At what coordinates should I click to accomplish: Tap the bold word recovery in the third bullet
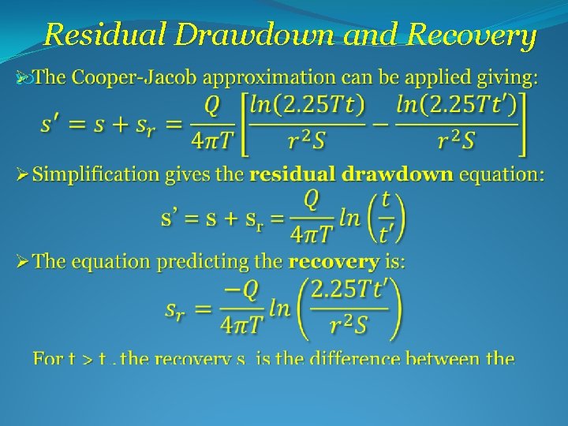[x=335, y=261]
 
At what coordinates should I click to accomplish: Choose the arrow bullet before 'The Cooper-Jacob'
[x=23, y=78]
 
